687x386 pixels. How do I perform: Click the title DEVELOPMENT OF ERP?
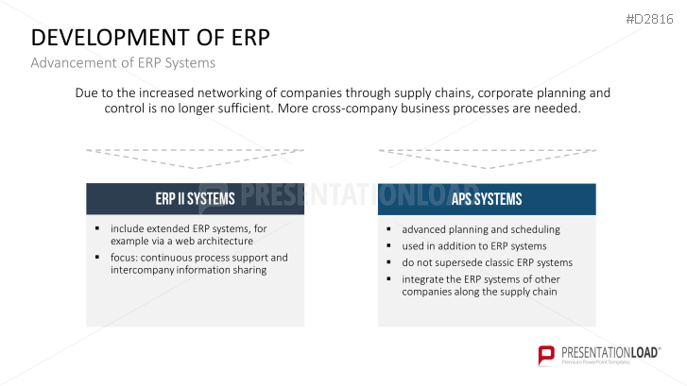coord(150,38)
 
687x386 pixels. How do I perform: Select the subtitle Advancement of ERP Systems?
coord(123,63)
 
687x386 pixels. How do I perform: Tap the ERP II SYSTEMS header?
coord(195,199)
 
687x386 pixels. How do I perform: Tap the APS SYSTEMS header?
coord(487,199)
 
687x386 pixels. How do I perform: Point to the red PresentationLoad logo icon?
coord(546,355)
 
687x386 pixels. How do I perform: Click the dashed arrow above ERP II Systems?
coord(195,157)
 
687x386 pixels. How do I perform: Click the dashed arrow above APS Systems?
coord(487,157)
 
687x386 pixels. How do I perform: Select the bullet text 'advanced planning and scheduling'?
coord(481,229)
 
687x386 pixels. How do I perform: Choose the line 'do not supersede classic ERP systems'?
coord(487,262)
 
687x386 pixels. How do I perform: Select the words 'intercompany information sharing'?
coord(189,269)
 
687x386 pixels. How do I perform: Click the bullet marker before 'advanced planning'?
coord(389,229)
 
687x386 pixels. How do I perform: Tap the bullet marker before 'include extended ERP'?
coord(97,228)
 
